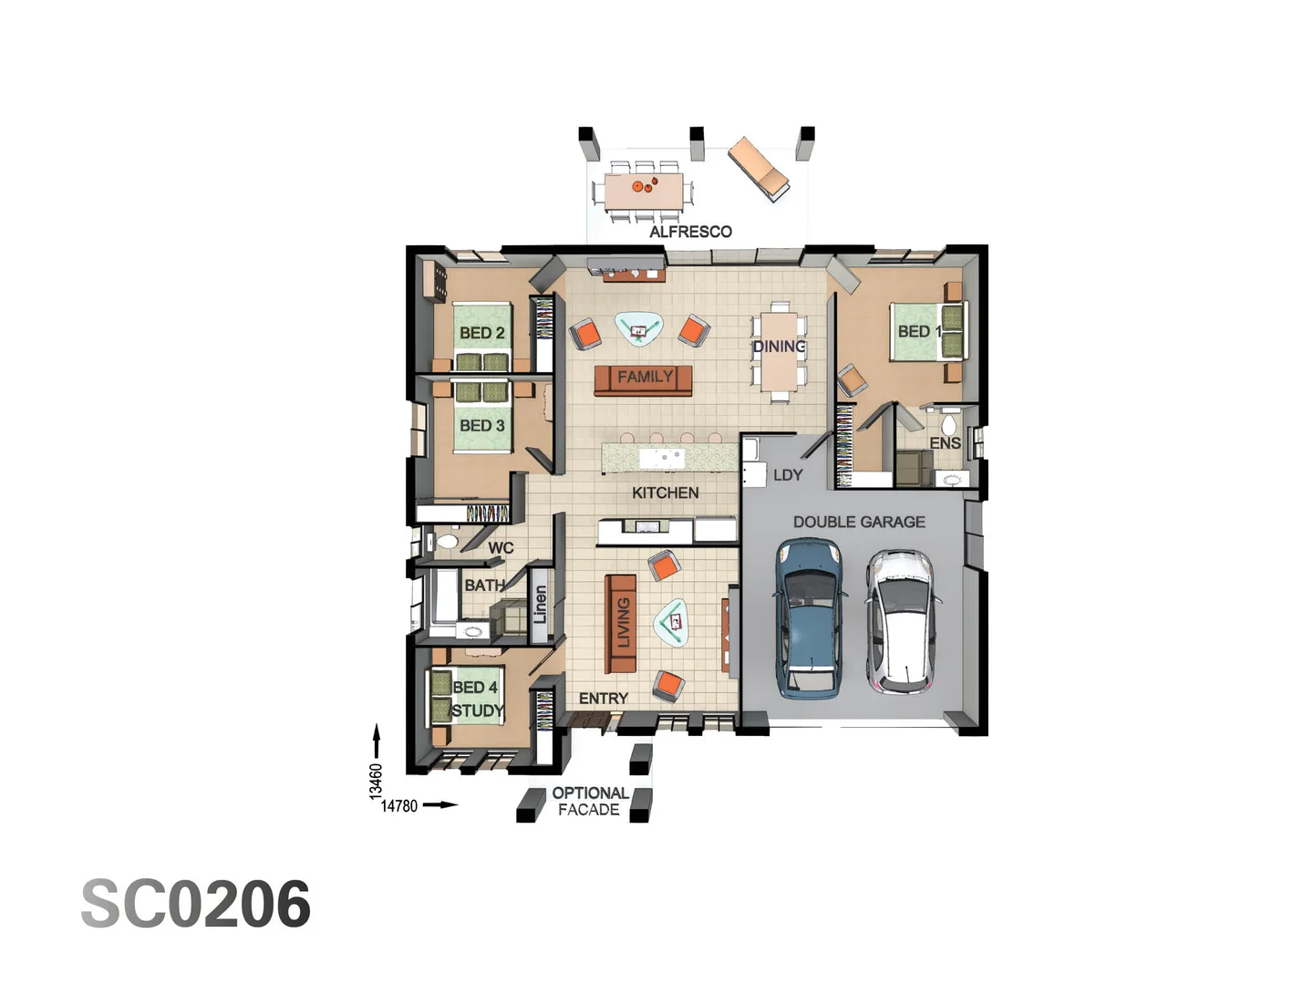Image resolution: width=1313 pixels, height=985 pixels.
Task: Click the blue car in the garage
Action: [808, 618]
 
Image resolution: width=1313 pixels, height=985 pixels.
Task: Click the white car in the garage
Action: [900, 619]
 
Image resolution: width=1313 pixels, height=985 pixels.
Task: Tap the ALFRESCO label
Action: [690, 232]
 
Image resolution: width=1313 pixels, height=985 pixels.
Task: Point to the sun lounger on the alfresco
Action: [759, 169]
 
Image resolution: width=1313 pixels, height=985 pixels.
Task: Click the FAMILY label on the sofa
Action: [645, 377]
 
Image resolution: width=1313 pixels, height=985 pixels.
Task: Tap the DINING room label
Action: [779, 347]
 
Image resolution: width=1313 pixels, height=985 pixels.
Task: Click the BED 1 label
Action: [917, 331]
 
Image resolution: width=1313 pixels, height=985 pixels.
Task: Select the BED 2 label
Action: [481, 333]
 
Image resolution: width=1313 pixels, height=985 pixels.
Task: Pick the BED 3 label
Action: [481, 425]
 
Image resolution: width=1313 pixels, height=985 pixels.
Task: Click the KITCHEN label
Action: [665, 493]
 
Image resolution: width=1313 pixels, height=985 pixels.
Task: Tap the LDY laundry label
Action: [787, 475]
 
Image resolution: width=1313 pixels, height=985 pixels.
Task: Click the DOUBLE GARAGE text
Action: [858, 522]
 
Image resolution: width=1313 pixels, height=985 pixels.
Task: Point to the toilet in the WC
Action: [446, 542]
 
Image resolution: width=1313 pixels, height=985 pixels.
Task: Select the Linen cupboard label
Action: [540, 605]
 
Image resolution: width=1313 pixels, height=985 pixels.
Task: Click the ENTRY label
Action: [603, 699]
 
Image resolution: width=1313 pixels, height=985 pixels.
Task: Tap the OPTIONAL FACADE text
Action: [589, 801]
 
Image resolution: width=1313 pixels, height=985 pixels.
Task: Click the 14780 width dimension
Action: [398, 806]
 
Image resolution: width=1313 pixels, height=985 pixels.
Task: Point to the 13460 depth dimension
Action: [376, 782]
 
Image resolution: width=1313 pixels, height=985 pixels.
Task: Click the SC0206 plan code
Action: [196, 905]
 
